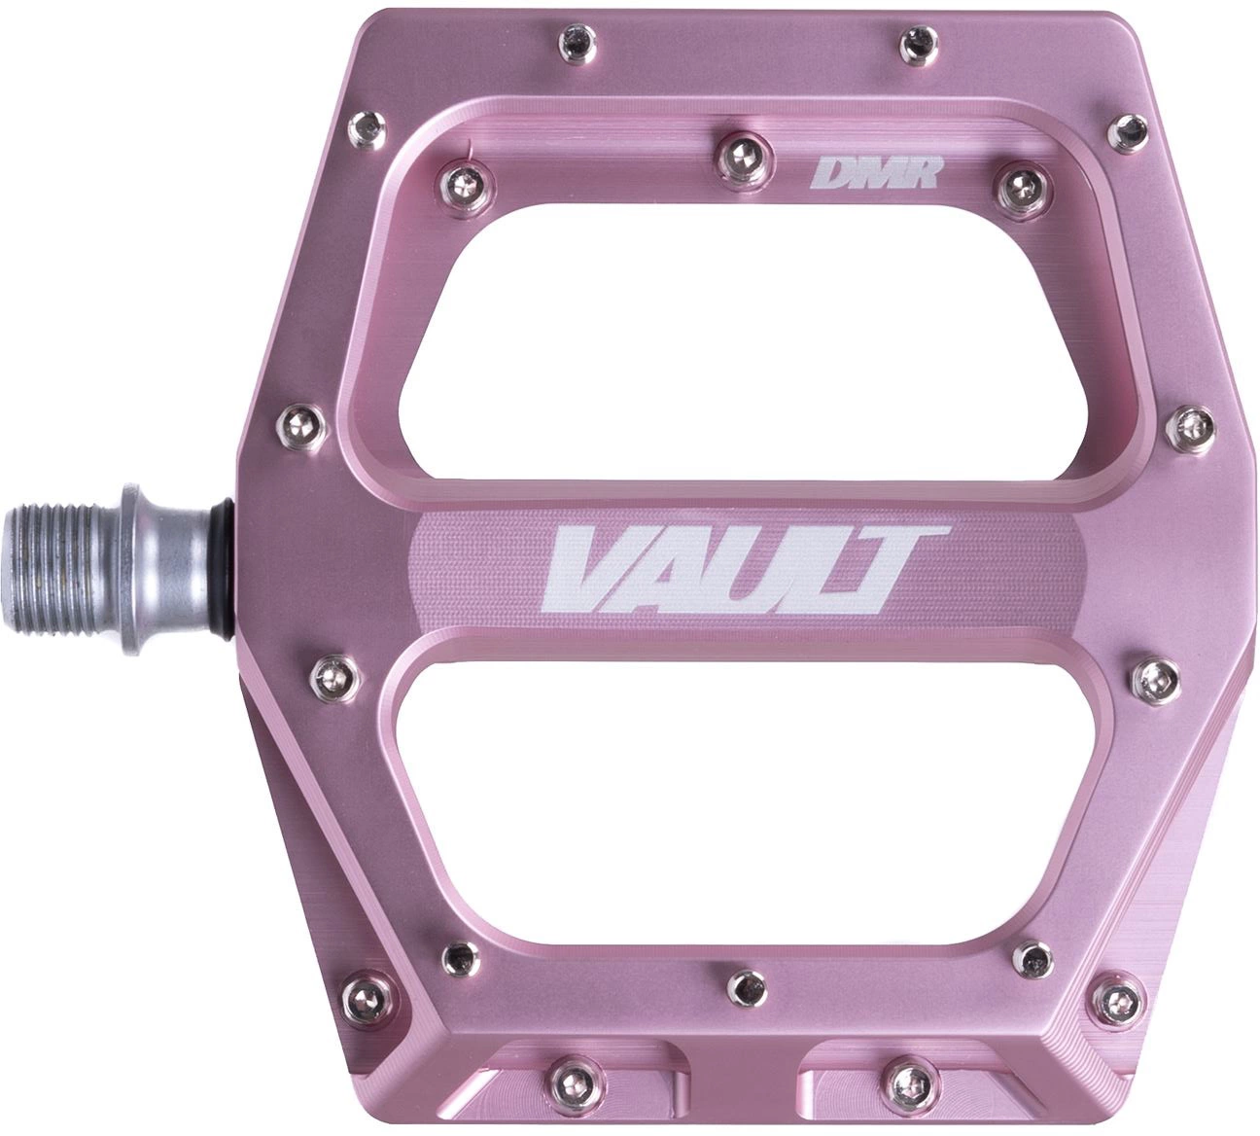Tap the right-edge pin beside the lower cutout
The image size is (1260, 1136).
point(1153,673)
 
